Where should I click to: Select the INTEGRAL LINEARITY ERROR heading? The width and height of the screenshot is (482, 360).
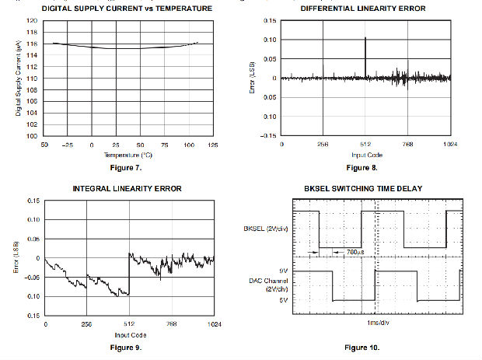(x=129, y=190)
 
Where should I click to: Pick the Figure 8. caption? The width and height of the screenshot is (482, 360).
(x=362, y=167)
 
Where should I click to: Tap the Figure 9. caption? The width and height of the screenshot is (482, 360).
(x=128, y=347)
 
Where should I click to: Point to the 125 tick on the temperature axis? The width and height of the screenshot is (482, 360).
(x=213, y=145)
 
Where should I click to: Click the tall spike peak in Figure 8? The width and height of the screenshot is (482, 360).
(x=365, y=38)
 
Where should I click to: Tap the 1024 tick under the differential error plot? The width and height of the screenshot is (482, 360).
(x=449, y=145)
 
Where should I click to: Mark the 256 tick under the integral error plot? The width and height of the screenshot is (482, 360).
(x=87, y=324)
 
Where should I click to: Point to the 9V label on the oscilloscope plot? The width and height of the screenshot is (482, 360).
(x=283, y=270)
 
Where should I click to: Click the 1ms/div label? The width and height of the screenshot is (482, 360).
(x=375, y=321)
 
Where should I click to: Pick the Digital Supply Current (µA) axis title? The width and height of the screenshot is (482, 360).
(x=17, y=78)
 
